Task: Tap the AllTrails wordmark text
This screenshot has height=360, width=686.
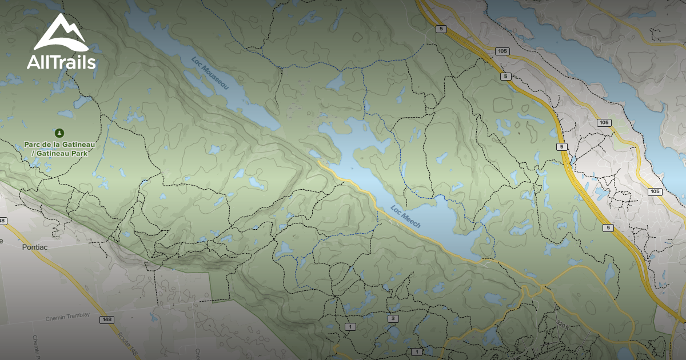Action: tap(61, 62)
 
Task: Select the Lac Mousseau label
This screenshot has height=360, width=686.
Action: tap(209, 73)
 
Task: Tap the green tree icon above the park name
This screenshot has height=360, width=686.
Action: tap(59, 133)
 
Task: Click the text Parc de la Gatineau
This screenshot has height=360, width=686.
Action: tap(59, 145)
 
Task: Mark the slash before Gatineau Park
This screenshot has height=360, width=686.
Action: tap(33, 154)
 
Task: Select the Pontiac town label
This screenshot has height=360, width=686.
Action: tap(35, 247)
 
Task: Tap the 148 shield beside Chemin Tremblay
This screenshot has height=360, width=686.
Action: tap(106, 319)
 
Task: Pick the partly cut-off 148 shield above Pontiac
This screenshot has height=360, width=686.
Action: tap(3, 221)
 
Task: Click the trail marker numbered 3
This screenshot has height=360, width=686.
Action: tap(393, 318)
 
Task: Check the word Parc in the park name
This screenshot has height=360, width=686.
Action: tap(31, 145)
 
